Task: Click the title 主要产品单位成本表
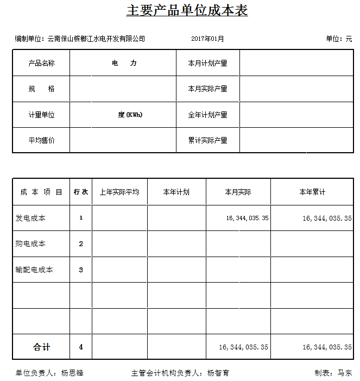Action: point(187,11)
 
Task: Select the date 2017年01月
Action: point(207,39)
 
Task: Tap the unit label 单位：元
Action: point(339,39)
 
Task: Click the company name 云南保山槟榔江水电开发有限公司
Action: point(97,39)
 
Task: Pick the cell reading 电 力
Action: point(124,63)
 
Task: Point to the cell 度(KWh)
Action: point(130,115)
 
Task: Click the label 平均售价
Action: point(41,140)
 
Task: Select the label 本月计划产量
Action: point(207,63)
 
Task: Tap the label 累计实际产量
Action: point(207,140)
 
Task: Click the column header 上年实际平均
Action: point(119,192)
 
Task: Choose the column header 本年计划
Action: point(176,192)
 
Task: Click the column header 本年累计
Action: point(312,192)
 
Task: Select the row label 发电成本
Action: point(30,218)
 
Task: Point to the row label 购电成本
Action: point(30,243)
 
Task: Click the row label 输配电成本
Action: point(34,270)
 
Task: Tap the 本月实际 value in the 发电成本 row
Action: point(247,218)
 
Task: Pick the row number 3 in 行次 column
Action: point(81,270)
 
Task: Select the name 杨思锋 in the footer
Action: point(72,373)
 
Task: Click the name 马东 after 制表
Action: point(345,373)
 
